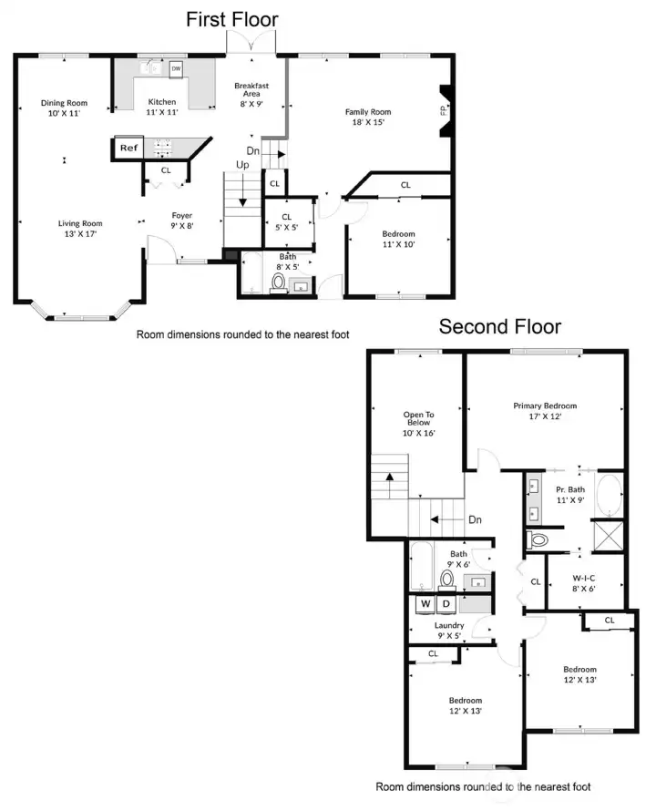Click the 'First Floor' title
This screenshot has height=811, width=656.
click(232, 19)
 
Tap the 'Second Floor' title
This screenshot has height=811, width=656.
click(500, 326)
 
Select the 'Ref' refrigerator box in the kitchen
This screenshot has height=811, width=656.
click(128, 148)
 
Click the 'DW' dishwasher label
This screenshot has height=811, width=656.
click(176, 68)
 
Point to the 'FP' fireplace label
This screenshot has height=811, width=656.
click(444, 111)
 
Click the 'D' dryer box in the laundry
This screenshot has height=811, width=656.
click(446, 603)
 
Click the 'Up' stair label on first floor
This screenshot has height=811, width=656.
click(243, 165)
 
